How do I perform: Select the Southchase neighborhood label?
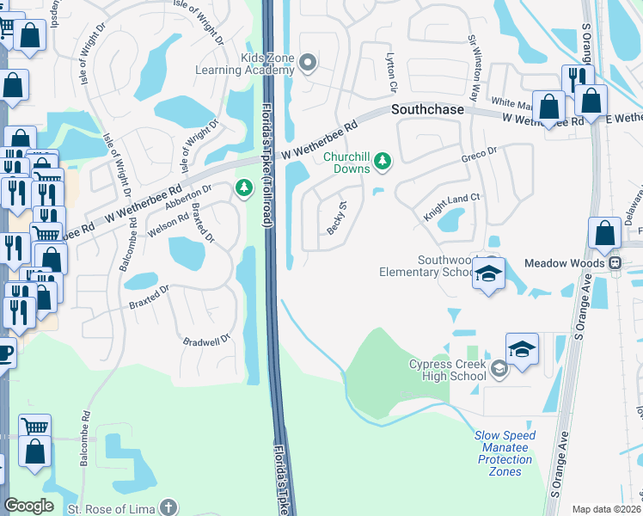[427, 110]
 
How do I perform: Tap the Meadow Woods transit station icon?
[615, 263]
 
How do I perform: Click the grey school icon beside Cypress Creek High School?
[499, 370]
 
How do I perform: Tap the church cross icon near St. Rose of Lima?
[168, 507]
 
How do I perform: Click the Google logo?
[28, 506]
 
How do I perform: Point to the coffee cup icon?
[5, 353]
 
